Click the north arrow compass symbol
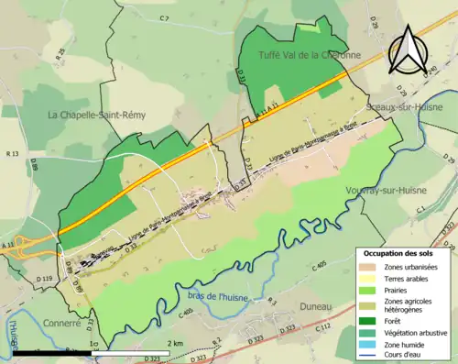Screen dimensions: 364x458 click(x=409, y=50)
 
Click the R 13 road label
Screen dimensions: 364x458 click(x=12, y=155)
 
